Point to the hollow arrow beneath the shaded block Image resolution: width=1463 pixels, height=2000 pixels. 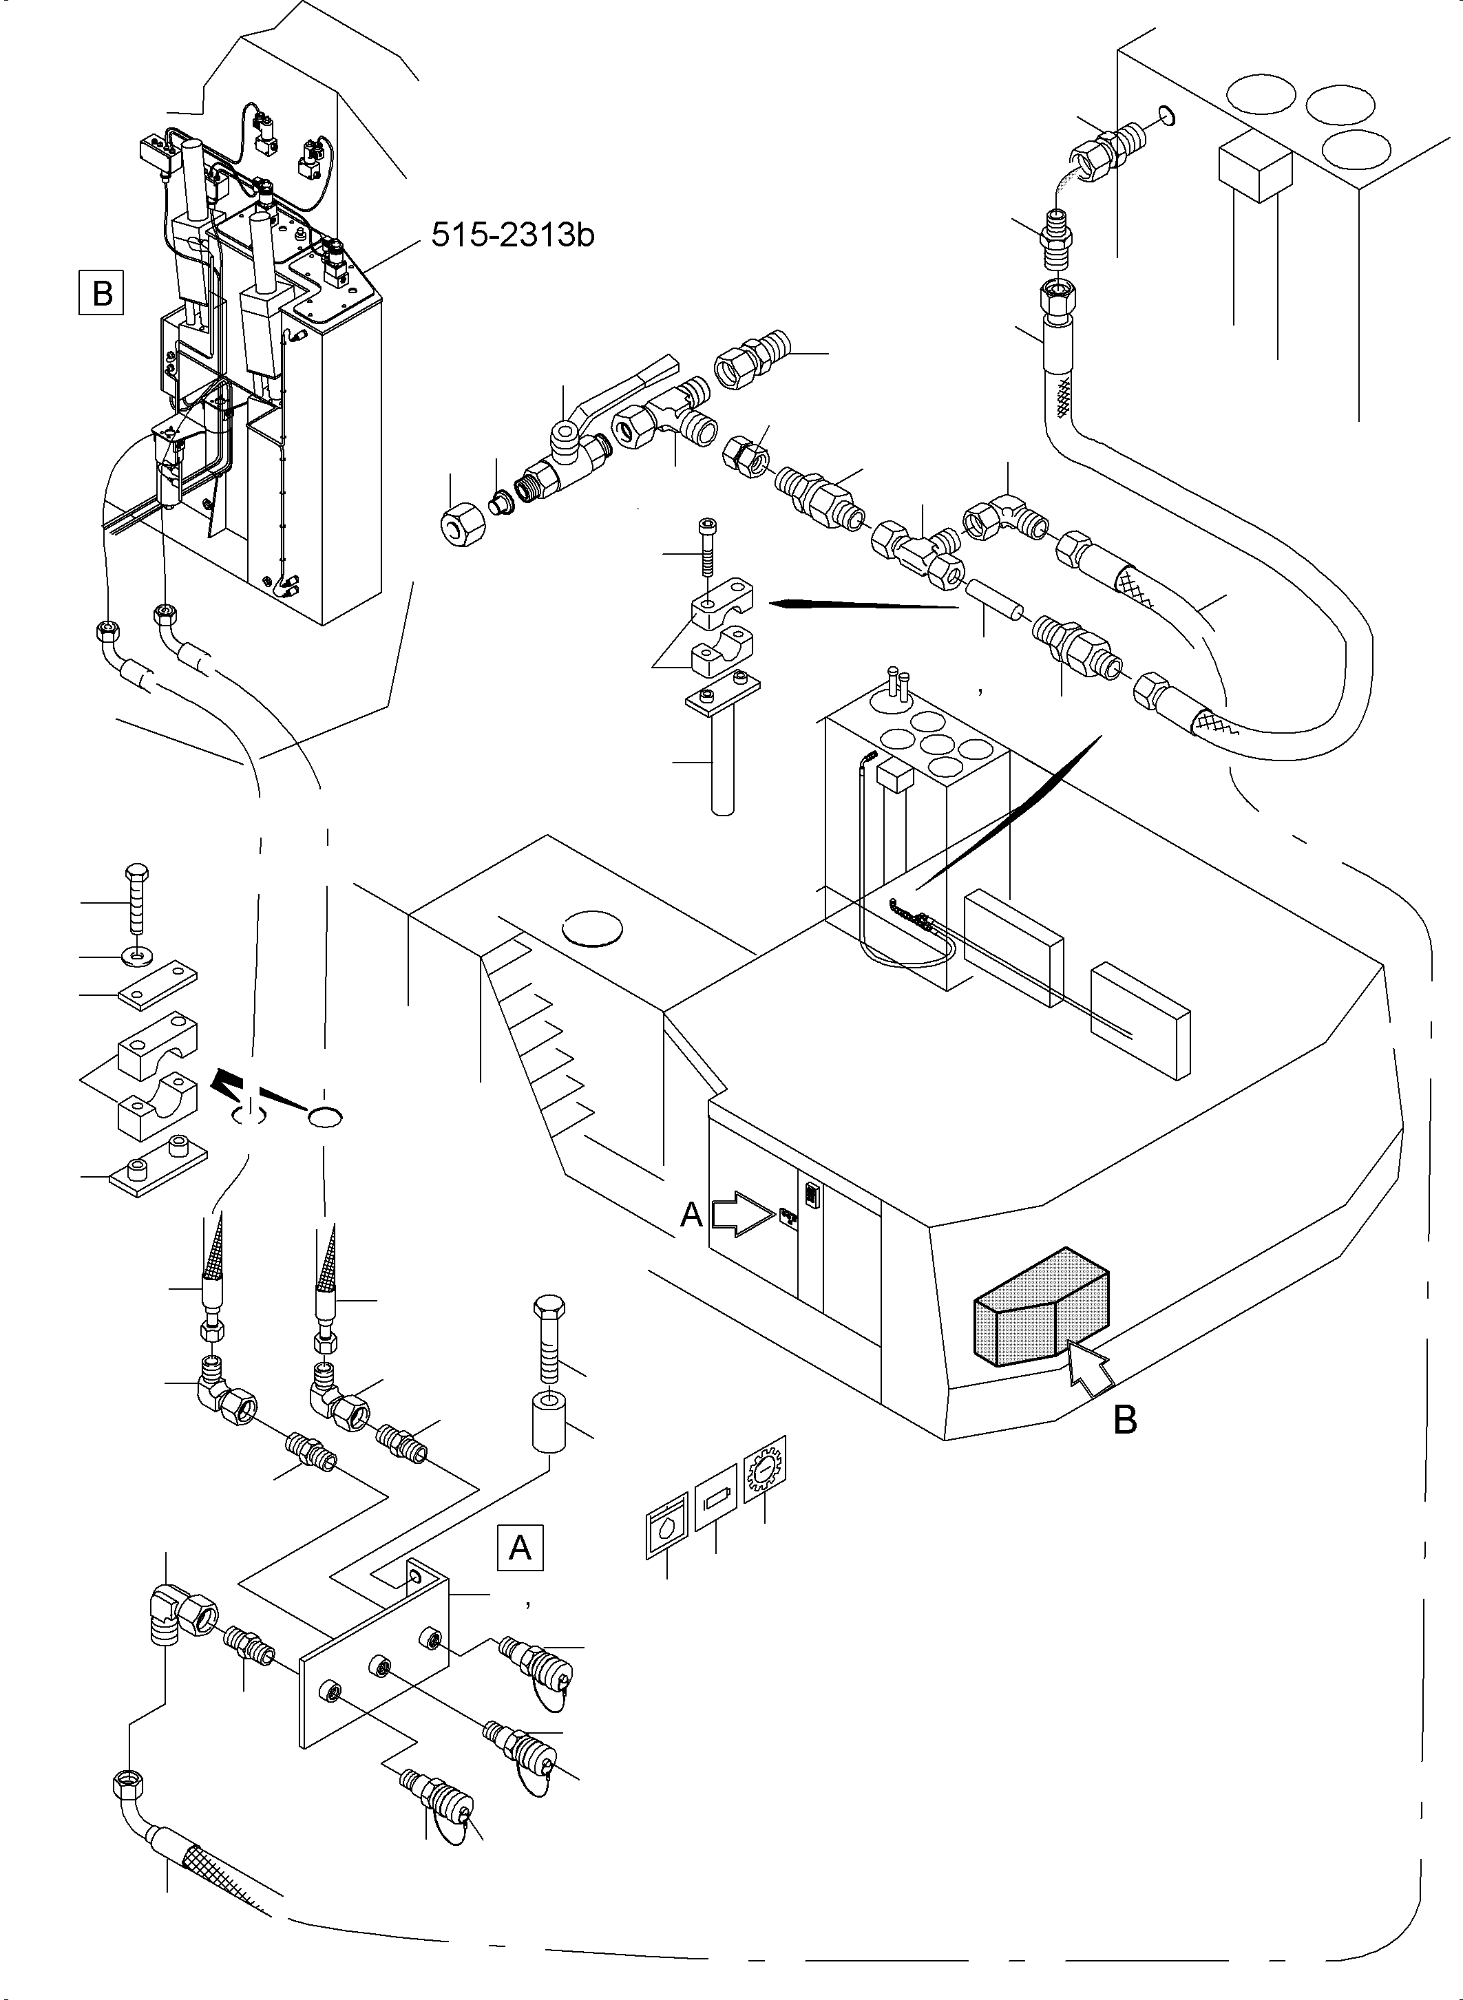pyautogui.click(x=1091, y=1367)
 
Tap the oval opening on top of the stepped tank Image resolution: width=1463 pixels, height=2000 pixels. pyautogui.click(x=593, y=928)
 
